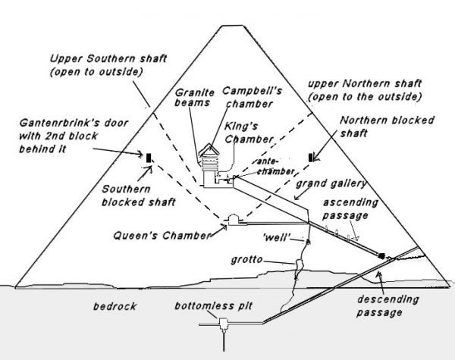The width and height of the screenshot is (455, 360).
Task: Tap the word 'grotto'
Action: pos(247,259)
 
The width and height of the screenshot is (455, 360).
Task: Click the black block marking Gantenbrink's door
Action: pos(149,157)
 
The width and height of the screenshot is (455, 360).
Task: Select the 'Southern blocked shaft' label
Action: pos(136,196)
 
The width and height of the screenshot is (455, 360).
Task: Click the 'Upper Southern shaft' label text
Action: pos(108,64)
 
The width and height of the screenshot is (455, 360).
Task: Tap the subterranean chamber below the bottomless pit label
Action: pos(224,326)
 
